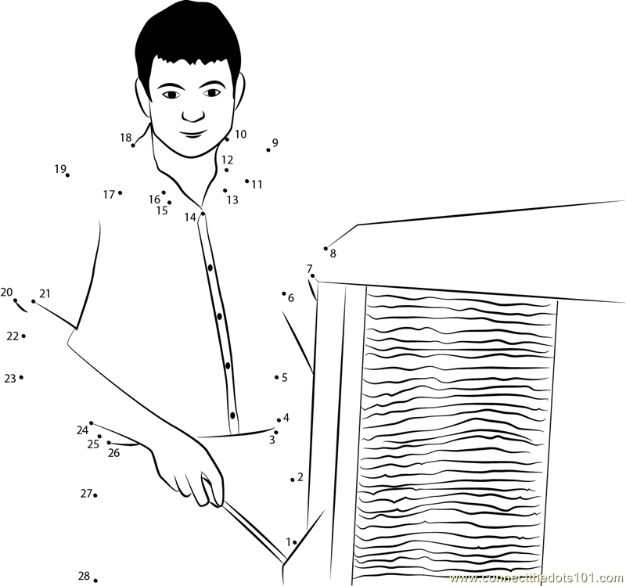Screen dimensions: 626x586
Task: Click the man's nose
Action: coord(193,114)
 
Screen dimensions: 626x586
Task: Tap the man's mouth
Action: coord(194,134)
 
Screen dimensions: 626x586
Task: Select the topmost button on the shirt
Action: coord(210,268)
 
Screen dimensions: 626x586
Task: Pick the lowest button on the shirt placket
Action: coord(232,415)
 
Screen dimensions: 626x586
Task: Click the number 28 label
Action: coord(84,576)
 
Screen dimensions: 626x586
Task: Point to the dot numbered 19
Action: coord(67,175)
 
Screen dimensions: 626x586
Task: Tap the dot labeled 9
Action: coord(268,150)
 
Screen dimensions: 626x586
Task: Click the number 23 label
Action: coord(10,379)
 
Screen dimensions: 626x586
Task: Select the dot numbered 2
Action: coord(292,480)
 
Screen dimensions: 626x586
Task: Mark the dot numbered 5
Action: coord(276,377)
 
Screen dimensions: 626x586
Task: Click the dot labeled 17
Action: coord(121,192)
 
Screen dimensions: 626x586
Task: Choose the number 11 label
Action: coord(257,185)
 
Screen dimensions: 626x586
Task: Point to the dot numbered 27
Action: coord(95,495)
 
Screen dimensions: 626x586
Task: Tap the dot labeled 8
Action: coord(326,248)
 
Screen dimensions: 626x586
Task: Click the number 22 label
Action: coord(13,336)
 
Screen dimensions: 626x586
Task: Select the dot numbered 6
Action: coord(284,293)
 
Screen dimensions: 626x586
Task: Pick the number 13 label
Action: coord(232,200)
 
